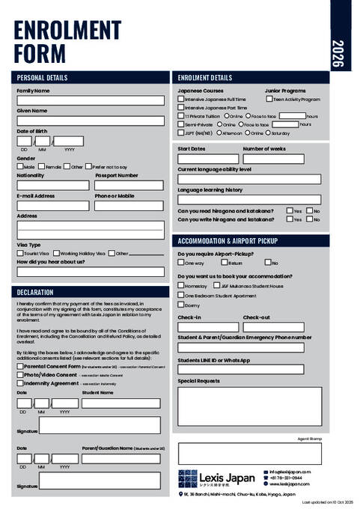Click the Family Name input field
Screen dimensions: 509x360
tap(90, 100)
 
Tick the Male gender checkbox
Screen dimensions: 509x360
tap(20, 167)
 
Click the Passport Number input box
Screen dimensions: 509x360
tap(129, 185)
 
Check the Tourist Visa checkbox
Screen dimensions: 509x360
tap(20, 253)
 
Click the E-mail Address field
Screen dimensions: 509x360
tap(52, 205)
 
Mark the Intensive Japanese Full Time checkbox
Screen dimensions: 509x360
tap(181, 99)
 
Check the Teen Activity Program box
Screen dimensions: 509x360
tap(269, 99)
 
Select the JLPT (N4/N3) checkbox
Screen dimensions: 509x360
tap(181, 132)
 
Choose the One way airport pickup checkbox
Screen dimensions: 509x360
tap(181, 263)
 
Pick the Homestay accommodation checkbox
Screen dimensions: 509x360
tap(181, 285)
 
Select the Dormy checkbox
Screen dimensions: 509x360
tap(181, 305)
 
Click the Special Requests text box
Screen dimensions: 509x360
tap(249, 406)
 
